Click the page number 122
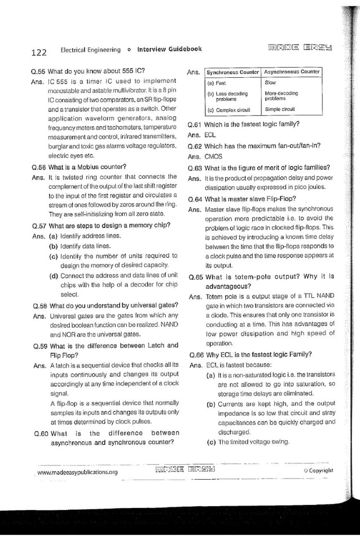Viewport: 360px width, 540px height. coord(38,52)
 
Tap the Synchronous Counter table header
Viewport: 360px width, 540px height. coord(232,72)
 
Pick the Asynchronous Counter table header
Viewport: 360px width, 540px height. coord(292,72)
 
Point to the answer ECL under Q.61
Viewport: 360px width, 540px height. coord(210,135)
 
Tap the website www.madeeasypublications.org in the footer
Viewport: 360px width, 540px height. coord(78,472)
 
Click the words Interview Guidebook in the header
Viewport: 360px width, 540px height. coord(169,50)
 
